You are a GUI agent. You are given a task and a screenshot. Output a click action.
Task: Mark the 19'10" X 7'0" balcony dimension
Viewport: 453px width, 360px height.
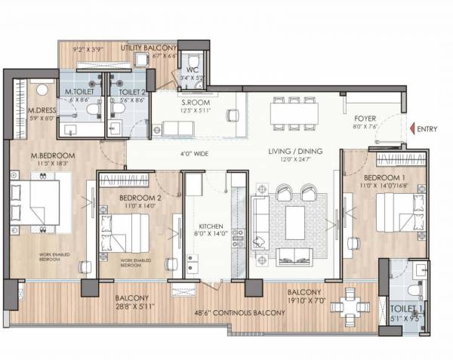pos(305,300)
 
